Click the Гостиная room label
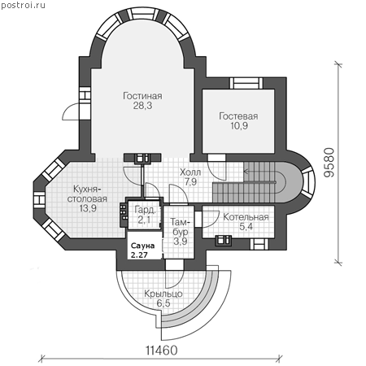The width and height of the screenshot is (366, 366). point(142,96)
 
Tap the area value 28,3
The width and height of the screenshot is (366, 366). point(142,106)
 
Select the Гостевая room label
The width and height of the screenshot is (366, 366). point(238,116)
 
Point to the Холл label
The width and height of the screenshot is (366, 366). point(190,172)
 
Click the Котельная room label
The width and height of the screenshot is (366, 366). point(246,217)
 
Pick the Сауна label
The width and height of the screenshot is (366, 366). point(142,246)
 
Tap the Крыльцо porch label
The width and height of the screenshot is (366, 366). point(163,294)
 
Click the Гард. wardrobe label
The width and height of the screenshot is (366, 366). point(146,210)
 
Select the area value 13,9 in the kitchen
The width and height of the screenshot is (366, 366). point(88,208)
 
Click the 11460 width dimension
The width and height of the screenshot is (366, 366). point(162,351)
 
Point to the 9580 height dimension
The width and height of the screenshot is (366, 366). point(329,163)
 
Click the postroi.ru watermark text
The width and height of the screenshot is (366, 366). point(23,5)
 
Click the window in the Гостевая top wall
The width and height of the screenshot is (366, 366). point(246,83)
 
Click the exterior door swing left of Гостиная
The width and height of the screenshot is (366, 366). point(71,112)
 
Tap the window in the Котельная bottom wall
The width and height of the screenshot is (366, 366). point(259,245)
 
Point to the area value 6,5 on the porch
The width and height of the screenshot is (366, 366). point(163,303)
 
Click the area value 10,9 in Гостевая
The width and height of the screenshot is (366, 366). point(239,126)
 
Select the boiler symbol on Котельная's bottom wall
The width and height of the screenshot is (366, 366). point(224,241)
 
